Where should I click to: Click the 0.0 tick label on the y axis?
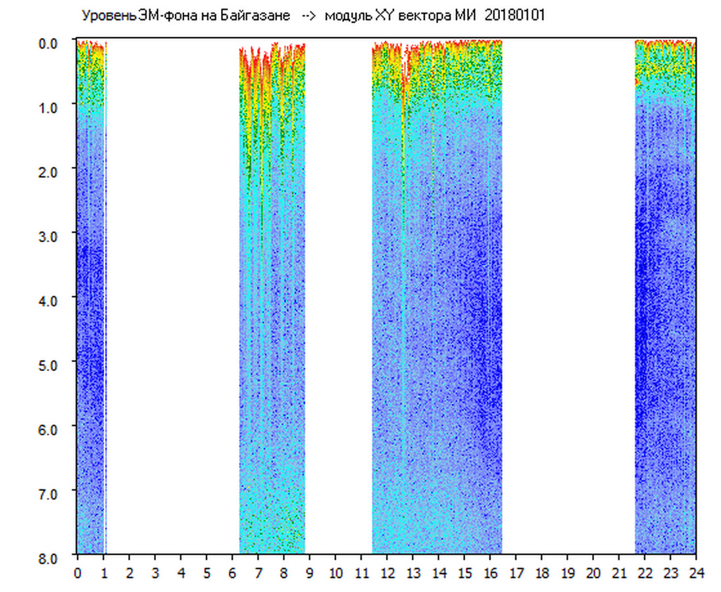click(50, 42)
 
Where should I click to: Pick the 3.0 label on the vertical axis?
click(50, 235)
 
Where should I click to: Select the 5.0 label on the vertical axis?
click(50, 364)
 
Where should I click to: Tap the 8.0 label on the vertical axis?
click(50, 558)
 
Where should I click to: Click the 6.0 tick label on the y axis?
click(50, 429)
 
